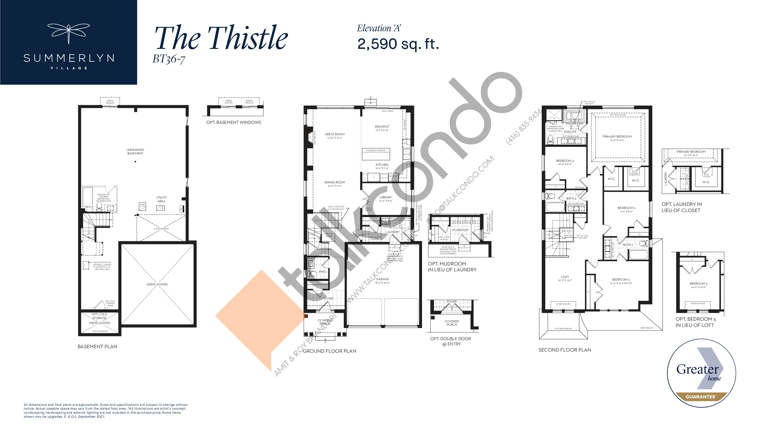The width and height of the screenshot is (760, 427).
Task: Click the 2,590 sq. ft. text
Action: [398, 44]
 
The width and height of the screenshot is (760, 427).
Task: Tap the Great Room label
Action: [335, 134]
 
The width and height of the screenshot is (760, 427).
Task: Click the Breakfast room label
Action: [382, 127]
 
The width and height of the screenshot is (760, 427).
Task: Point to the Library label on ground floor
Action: [386, 197]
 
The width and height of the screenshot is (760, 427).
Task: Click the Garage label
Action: [382, 279]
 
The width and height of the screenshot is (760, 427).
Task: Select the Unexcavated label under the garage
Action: [157, 284]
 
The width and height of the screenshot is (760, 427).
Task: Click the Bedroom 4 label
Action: [565, 161]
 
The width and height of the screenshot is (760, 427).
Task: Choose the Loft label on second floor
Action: [565, 277]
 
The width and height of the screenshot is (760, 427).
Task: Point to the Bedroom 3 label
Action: [621, 280]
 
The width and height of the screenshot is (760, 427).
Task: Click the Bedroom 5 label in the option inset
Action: [698, 284]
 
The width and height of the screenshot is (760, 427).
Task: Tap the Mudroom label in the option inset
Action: [460, 230]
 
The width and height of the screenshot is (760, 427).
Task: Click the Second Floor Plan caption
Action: [564, 350]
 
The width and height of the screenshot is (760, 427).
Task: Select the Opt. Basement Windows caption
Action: [233, 122]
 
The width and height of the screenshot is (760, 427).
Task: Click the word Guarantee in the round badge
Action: [700, 397]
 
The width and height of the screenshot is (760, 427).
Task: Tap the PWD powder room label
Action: [322, 272]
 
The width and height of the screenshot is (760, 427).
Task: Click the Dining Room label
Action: [335, 182]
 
